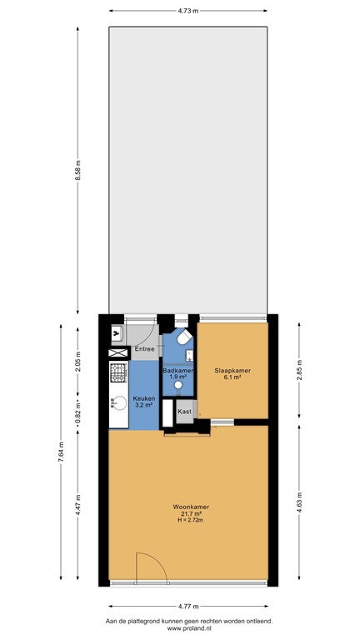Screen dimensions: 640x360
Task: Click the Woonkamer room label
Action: coord(189,506)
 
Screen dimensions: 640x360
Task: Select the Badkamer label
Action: coord(177,370)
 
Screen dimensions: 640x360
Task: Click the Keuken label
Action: coord(143,399)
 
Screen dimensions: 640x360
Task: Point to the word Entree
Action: coord(145,348)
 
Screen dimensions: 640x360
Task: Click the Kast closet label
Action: coord(184,412)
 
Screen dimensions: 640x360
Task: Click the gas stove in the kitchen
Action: coord(117,372)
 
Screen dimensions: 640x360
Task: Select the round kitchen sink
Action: coord(116,407)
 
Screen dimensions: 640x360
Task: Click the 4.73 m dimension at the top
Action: coord(187,11)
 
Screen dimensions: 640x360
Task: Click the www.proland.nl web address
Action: coord(188,629)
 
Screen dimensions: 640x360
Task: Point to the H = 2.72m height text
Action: coord(189,520)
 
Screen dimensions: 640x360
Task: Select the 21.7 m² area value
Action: coord(189,513)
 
